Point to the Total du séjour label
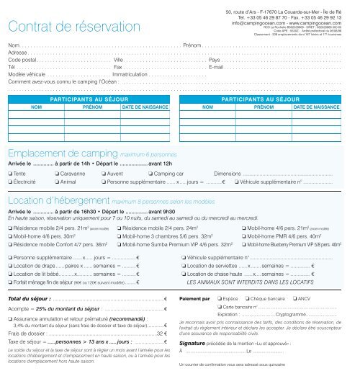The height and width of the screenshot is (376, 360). coord(27,297)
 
